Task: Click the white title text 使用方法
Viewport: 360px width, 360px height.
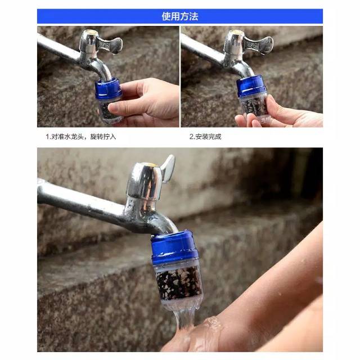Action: (180, 16)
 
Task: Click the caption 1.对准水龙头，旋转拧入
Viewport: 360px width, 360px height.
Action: (80, 137)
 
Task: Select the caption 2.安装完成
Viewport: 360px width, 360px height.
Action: (205, 137)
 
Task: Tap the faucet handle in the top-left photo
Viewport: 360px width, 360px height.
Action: (109, 44)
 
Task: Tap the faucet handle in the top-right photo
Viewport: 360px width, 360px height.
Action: (258, 44)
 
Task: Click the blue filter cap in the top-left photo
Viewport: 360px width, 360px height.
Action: (108, 88)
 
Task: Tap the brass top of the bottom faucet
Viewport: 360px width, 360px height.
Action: (150, 164)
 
